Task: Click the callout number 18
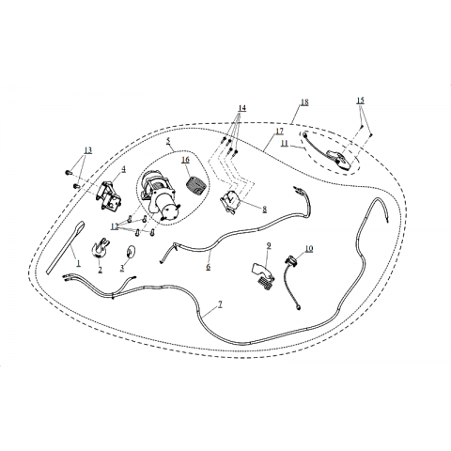coord(304,102)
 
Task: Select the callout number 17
coord(279,132)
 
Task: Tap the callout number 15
coord(360,101)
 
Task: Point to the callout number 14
coord(241,108)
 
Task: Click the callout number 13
coord(88,150)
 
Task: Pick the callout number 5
coord(168,141)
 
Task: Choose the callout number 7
coord(220,303)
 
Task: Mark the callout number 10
coord(309,249)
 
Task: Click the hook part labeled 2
coord(101,248)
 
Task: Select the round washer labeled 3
coord(130,252)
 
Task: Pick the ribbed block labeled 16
coord(195,186)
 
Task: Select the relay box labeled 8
coord(231,201)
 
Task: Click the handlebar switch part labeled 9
coord(262,273)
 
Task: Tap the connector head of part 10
coord(289,260)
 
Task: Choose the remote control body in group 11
coord(337,159)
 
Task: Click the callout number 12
coord(115,226)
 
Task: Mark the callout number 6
coord(209,267)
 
